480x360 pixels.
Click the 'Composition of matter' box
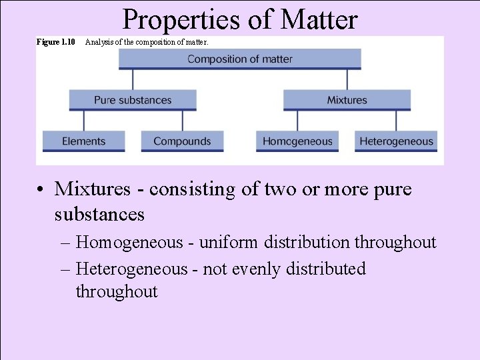tap(240, 59)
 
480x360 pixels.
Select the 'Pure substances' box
tap(133, 100)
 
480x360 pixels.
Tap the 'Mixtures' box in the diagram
tap(347, 100)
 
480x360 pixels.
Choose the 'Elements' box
tap(83, 141)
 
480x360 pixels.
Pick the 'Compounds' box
tap(182, 141)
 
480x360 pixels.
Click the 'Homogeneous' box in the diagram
tap(297, 141)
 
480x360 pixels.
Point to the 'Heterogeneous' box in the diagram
tap(396, 141)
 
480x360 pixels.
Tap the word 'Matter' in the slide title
tap(319, 20)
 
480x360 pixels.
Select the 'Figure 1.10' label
tap(55, 42)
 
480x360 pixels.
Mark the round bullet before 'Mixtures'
tap(41, 190)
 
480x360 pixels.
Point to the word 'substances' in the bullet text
tap(99, 214)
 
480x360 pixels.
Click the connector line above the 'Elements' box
tap(84, 120)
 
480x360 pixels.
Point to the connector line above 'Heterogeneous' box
tap(396, 120)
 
